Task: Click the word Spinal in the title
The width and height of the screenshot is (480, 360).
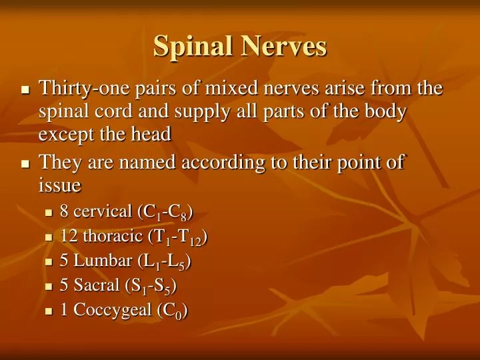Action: pyautogui.click(x=193, y=47)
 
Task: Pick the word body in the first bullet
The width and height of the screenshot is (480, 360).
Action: pyautogui.click(x=385, y=111)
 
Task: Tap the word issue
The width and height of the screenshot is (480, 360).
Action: pyautogui.click(x=59, y=185)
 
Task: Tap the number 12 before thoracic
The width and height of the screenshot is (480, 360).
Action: pyautogui.click(x=69, y=237)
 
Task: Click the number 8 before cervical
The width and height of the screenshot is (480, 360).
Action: pyautogui.click(x=64, y=212)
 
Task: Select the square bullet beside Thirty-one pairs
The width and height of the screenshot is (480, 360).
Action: pyautogui.click(x=25, y=89)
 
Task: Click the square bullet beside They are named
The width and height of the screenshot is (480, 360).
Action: pyautogui.click(x=25, y=163)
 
